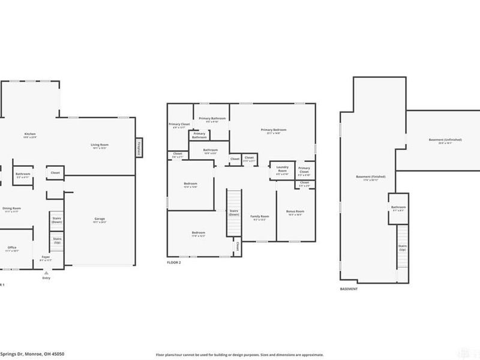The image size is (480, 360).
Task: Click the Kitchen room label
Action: pyautogui.click(x=27, y=134)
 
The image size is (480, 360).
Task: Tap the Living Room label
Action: pyautogui.click(x=99, y=145)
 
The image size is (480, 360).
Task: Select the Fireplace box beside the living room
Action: pyautogui.click(x=139, y=148)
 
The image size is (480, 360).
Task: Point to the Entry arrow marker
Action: pyautogui.click(x=46, y=272)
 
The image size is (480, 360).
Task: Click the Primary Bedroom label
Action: pyautogui.click(x=273, y=130)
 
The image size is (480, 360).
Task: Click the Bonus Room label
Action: pyautogui.click(x=295, y=211)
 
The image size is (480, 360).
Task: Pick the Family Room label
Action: pyautogui.click(x=260, y=216)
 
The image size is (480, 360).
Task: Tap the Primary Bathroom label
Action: pyautogui.click(x=212, y=118)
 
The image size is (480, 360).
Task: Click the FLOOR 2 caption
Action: pyautogui.click(x=175, y=262)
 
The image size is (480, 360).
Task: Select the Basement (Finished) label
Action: pyautogui.click(x=370, y=177)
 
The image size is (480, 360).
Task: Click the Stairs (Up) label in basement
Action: pyautogui.click(x=403, y=247)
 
